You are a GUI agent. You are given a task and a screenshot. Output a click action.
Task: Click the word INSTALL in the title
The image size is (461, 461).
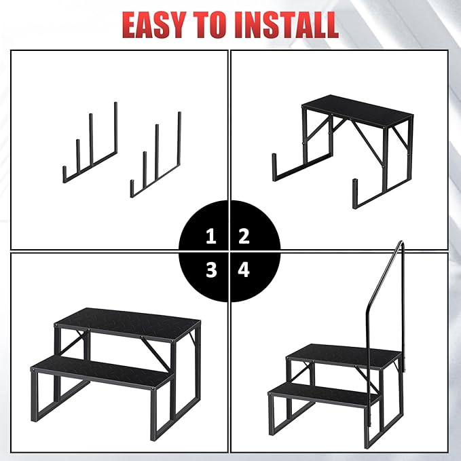point(288,24)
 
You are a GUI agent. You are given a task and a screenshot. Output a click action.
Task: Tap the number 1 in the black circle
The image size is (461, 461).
point(211,236)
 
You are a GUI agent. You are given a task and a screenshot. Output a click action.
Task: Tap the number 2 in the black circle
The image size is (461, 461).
point(244,236)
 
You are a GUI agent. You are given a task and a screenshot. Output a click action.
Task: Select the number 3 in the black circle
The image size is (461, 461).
point(211,270)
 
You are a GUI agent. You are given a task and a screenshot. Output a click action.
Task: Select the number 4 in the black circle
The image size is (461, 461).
point(244,270)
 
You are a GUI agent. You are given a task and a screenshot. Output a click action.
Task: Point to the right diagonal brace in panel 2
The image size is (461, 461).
point(368,143)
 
